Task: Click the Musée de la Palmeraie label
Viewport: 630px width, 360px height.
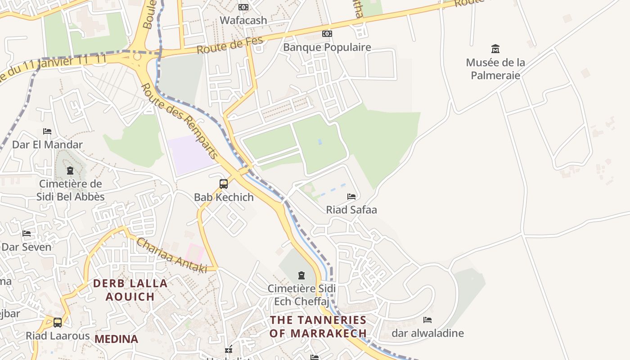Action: coord(495,69)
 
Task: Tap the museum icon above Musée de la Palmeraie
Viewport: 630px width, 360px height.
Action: coord(495,49)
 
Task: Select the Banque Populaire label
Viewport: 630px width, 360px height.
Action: coord(327,47)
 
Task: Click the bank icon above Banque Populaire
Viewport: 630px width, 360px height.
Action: coord(327,34)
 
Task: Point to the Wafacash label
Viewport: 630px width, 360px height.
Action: coord(243,20)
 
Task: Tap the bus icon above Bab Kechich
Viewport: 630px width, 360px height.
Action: coord(224,184)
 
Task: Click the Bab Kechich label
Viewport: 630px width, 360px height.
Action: coord(224,197)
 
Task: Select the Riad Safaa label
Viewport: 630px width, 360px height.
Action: coord(351,210)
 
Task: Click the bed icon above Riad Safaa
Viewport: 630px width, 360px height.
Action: coord(351,197)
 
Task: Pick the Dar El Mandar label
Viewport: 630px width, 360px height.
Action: coord(47,144)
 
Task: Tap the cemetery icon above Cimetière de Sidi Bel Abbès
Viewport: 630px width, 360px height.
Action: coord(70,171)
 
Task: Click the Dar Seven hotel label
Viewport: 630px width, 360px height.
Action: coord(27,247)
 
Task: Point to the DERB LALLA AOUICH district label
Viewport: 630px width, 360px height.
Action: coord(130,290)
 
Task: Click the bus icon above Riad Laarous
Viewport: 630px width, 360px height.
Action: coord(58,323)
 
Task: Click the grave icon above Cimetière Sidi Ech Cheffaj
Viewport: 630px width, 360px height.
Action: coord(301,275)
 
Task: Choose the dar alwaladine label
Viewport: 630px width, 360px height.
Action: coord(427,333)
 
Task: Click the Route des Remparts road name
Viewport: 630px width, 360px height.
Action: coord(180,121)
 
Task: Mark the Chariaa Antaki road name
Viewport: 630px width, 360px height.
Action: coord(171,256)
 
